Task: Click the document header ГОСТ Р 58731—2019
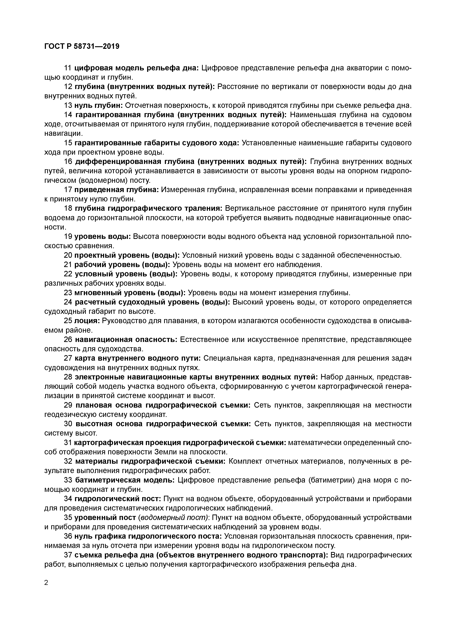pos(82,46)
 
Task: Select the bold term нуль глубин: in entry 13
pos(98,105)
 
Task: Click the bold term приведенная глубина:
pos(117,190)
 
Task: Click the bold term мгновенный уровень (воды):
pos(130,293)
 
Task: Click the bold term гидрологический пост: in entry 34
pos(118,499)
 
